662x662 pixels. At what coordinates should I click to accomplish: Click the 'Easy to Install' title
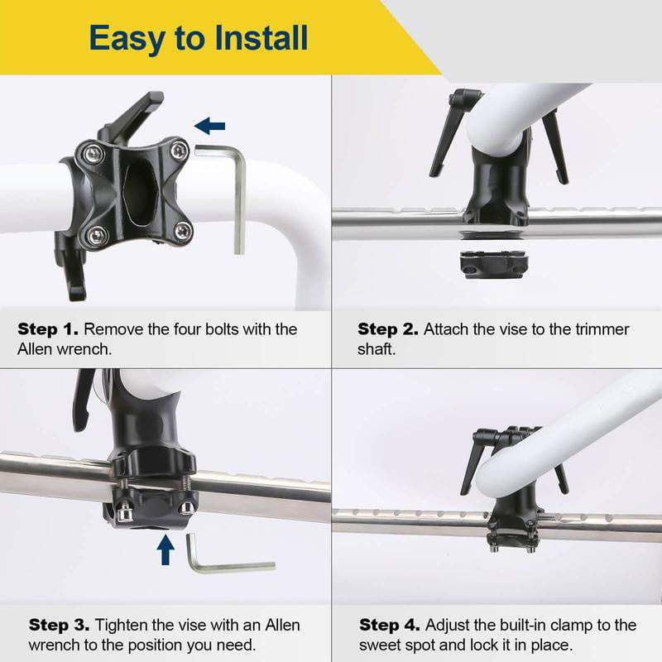199,38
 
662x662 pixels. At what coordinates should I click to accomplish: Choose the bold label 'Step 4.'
389,625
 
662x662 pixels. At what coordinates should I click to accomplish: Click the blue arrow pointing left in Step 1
210,126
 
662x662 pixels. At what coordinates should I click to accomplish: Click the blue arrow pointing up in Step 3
165,548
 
